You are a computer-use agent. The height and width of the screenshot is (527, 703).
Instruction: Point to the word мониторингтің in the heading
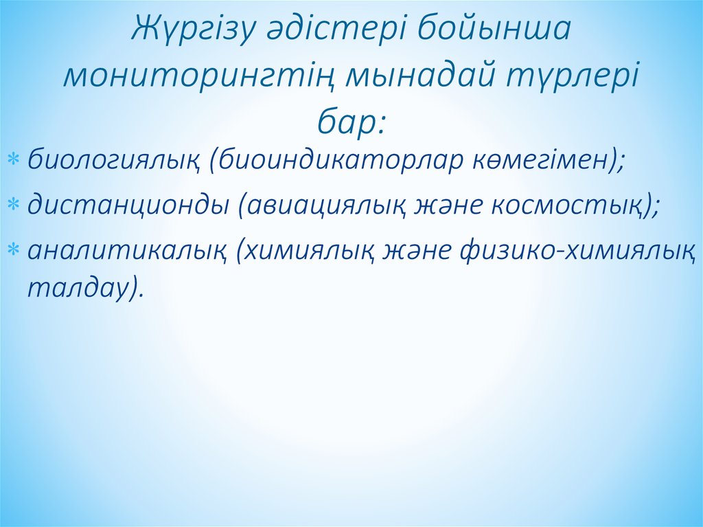tap(198, 77)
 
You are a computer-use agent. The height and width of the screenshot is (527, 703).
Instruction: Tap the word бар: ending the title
tap(351, 122)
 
